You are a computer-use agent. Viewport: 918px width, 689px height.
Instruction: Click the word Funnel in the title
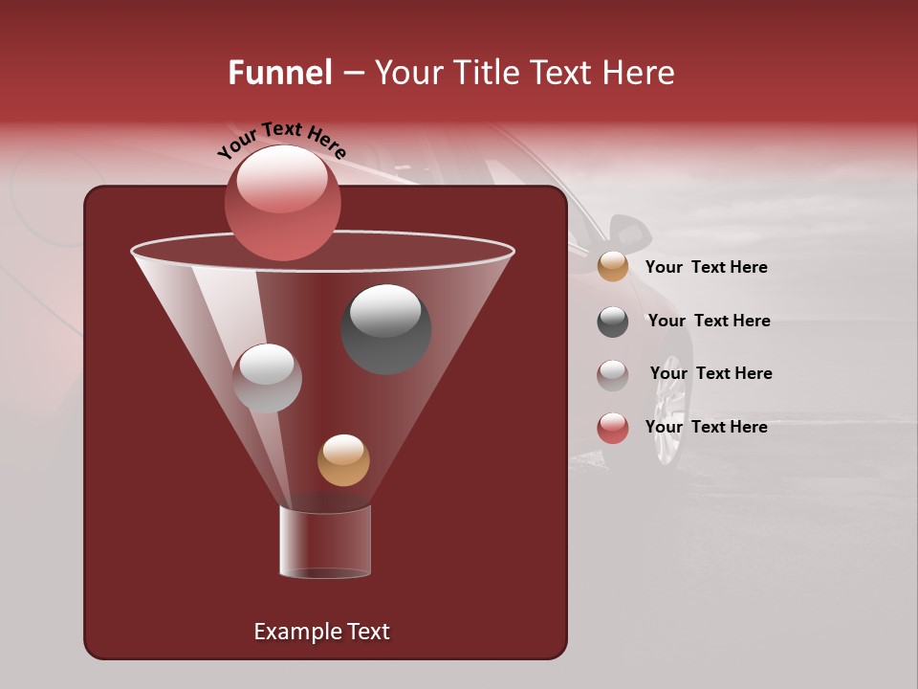click(279, 73)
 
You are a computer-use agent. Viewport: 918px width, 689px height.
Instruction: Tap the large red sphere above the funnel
click(282, 202)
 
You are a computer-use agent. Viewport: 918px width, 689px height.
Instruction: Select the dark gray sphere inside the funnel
click(385, 328)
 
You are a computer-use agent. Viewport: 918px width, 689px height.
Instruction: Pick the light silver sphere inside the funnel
click(267, 378)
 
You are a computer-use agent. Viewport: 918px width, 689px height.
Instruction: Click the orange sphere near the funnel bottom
click(343, 459)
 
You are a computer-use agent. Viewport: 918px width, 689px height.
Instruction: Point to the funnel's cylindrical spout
click(325, 542)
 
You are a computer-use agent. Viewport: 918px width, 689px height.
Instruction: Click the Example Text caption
click(321, 632)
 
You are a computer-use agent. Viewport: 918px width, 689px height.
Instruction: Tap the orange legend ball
click(613, 267)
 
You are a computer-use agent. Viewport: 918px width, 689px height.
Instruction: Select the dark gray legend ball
click(613, 322)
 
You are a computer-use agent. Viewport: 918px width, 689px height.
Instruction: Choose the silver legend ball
click(613, 375)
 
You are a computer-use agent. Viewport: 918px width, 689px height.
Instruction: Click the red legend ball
click(613, 428)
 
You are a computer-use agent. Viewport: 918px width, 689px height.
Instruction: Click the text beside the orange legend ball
click(706, 267)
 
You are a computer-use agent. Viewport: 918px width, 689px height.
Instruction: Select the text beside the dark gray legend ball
click(709, 321)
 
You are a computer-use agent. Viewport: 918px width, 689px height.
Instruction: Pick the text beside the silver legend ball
click(710, 373)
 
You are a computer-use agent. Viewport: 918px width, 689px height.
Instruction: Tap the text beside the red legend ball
click(706, 427)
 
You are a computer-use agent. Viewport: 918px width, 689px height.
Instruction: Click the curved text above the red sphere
click(281, 138)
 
